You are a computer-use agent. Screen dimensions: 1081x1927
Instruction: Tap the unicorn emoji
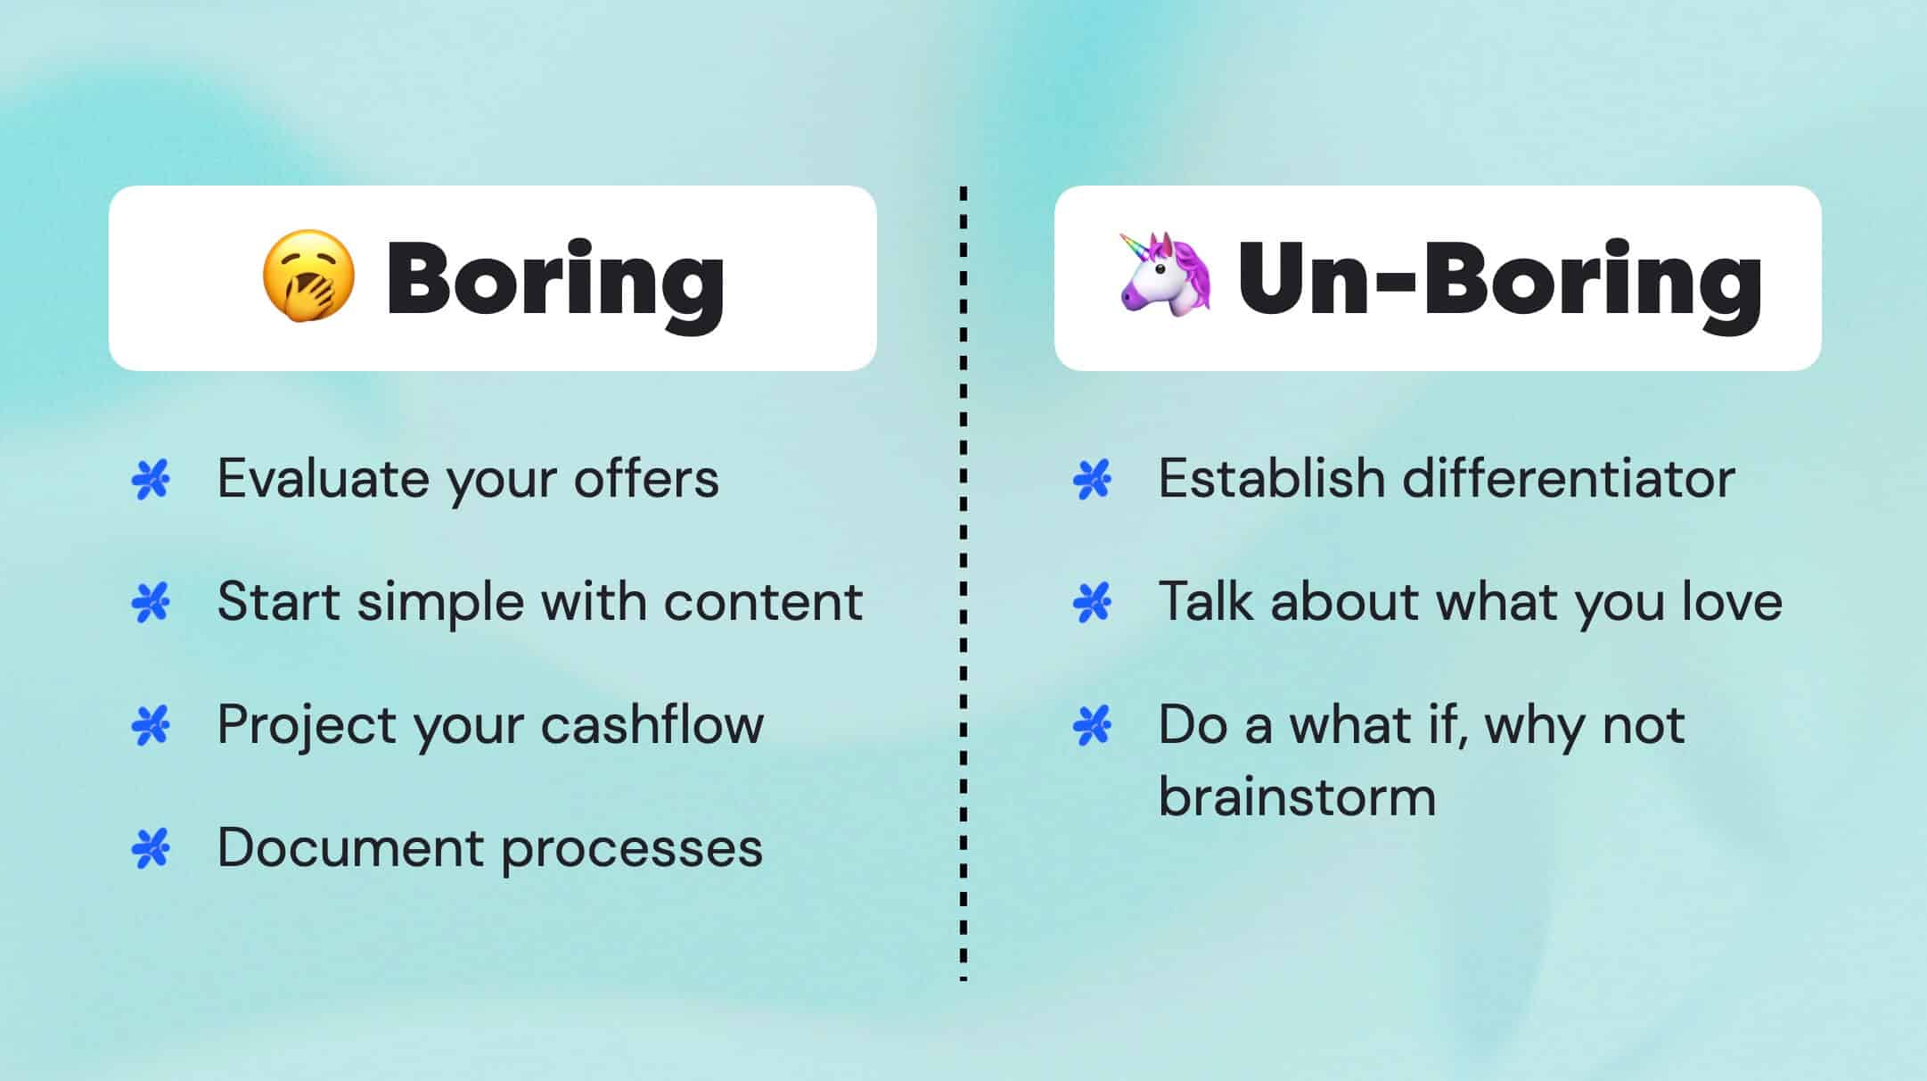tap(1165, 274)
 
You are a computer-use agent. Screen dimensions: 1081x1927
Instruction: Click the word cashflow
tap(652, 724)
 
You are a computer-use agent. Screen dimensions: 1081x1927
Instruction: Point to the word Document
tap(350, 847)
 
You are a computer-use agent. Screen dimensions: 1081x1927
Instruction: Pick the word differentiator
tap(1568, 479)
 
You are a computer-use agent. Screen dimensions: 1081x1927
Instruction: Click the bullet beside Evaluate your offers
tap(151, 480)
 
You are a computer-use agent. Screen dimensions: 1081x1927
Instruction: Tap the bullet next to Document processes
tap(151, 848)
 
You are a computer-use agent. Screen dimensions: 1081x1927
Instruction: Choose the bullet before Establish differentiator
tap(1092, 480)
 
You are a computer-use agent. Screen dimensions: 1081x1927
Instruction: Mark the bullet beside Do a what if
tap(1092, 725)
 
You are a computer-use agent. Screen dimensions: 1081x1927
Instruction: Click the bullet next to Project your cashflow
tap(151, 725)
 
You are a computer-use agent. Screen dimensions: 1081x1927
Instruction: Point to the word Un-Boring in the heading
tap(1499, 279)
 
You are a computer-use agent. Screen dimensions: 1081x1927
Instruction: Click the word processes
tap(632, 849)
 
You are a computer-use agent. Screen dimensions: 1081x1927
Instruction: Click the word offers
tap(645, 479)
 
